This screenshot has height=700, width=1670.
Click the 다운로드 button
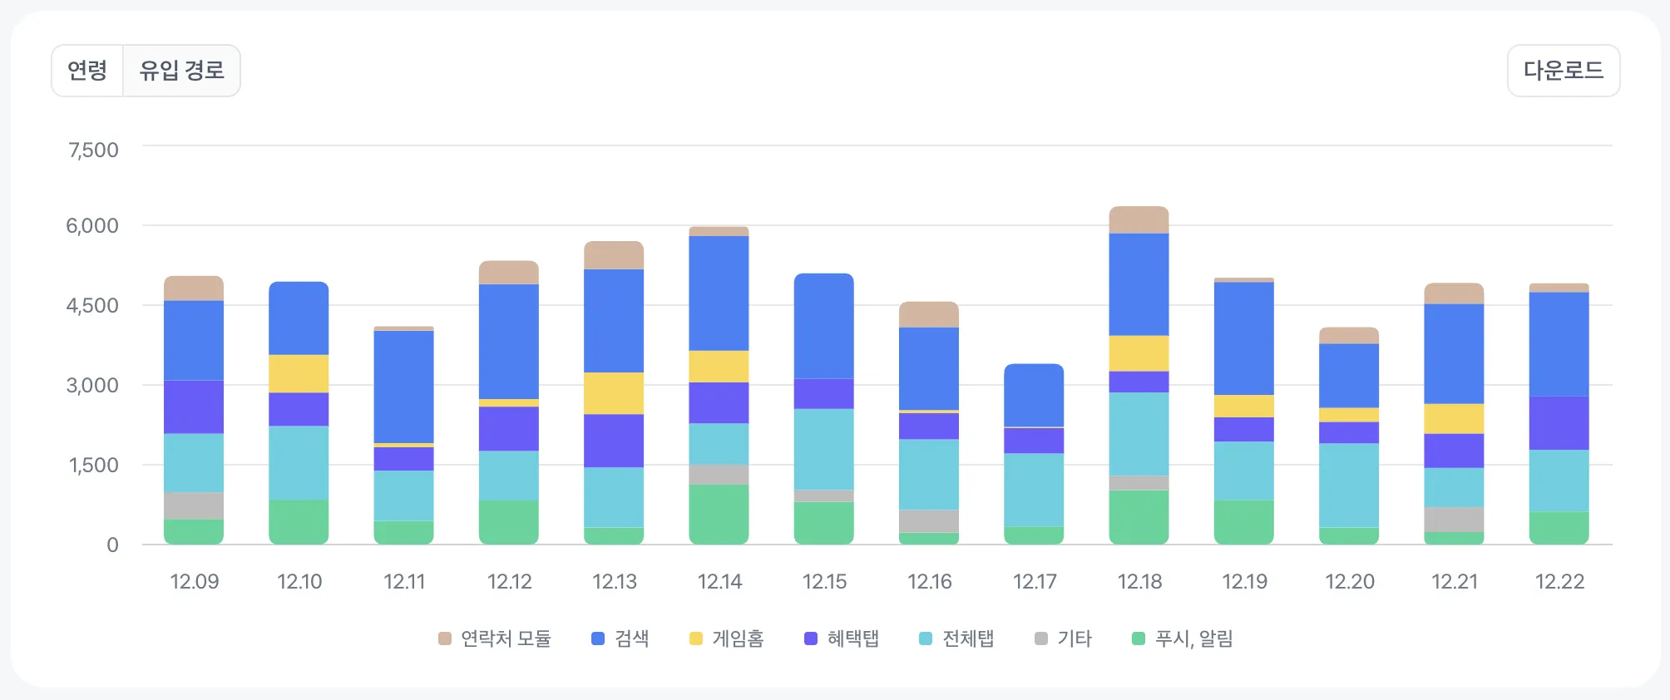[1563, 71]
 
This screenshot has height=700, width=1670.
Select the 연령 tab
[87, 71]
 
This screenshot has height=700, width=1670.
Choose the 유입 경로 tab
[181, 71]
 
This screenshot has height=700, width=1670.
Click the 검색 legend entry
[620, 638]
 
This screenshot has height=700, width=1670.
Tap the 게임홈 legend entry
[727, 638]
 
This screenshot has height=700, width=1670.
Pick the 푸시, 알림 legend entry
[1183, 638]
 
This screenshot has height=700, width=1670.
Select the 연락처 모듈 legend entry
[495, 638]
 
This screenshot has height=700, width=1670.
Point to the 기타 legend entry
[1064, 638]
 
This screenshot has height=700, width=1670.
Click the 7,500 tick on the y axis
[93, 150]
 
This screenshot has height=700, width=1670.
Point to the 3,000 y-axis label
[92, 386]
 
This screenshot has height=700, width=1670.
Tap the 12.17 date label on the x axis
[1034, 582]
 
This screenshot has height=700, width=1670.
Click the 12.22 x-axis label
[1559, 582]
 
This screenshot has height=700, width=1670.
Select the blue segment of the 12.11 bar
[403, 387]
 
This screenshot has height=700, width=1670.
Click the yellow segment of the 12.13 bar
[614, 393]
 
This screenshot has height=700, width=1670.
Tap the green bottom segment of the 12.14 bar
[719, 515]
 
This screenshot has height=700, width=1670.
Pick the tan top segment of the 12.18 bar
[1139, 220]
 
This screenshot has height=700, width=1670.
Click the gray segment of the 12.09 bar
[194, 505]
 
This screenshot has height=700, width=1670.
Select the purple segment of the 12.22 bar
[1559, 423]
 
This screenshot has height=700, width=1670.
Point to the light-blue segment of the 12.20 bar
[1349, 486]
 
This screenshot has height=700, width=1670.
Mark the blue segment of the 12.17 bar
[1034, 396]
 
